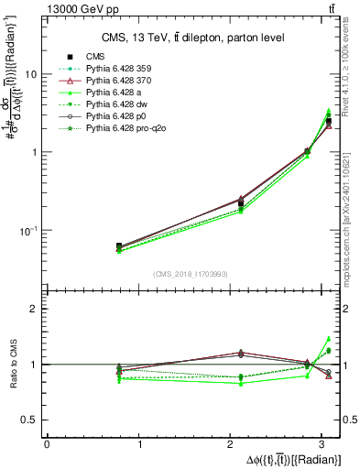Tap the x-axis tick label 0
pyautogui.click(x=47, y=444)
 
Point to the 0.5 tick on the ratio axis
pyautogui.click(x=32, y=420)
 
